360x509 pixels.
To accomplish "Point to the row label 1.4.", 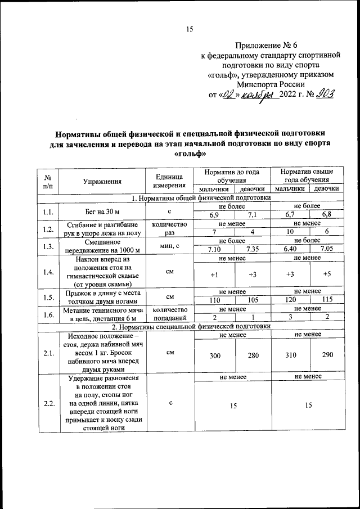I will (48, 272).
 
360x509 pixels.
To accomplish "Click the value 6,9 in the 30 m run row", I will (214, 215).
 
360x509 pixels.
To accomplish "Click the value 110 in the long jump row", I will (214, 300).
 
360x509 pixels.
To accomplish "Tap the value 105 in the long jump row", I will (251, 300).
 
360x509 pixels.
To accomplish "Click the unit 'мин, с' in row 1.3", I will (169, 245).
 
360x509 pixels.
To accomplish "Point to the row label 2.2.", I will (48, 404).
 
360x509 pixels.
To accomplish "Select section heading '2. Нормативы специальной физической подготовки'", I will (191, 326).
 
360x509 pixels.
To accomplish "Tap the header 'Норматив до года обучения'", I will (231, 175).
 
